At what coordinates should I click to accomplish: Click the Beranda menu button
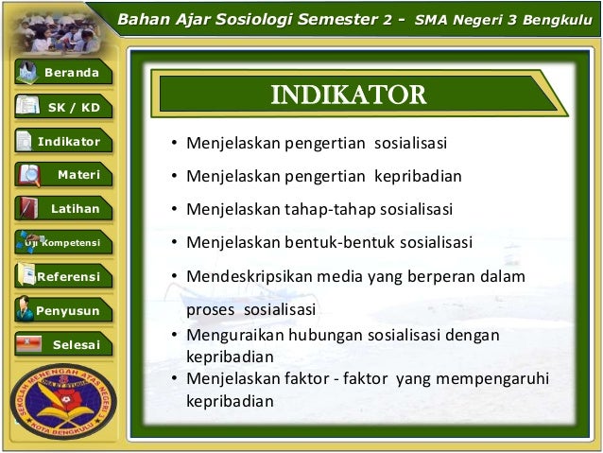63,74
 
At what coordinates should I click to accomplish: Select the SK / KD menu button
63,108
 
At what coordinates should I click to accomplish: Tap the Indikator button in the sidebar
63,142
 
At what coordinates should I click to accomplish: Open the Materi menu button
63,175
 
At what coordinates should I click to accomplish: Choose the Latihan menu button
63,208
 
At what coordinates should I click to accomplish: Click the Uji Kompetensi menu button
63,242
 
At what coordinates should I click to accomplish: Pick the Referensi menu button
63,276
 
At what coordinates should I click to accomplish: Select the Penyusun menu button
63,309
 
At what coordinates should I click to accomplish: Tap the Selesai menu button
63,344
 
